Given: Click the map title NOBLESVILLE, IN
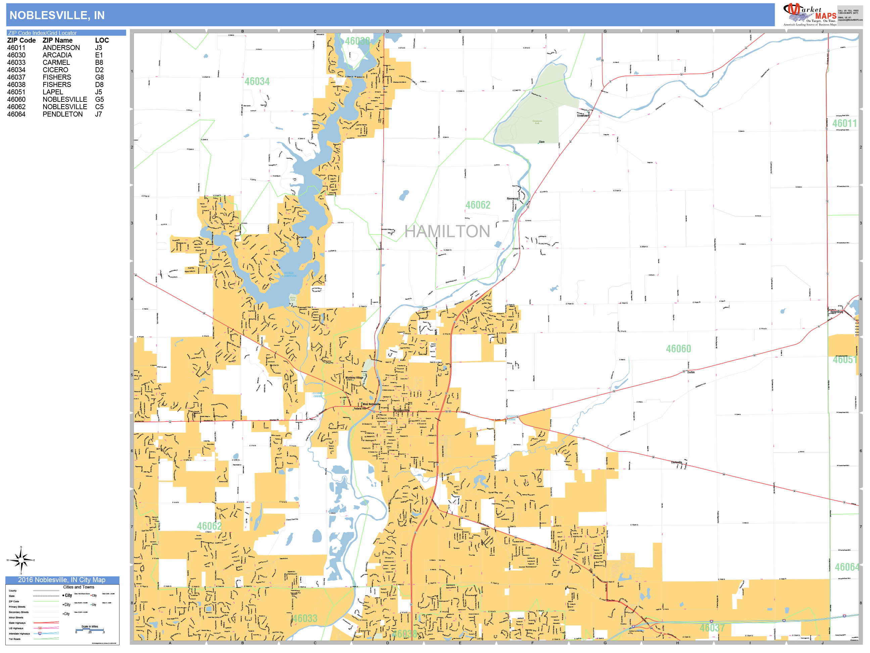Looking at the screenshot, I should (x=57, y=15).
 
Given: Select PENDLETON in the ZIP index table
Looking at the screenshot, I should (x=62, y=114).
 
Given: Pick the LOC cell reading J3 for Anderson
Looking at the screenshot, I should (x=98, y=48).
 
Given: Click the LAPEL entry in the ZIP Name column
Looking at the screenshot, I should (x=53, y=92).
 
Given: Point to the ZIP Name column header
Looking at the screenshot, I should (x=57, y=40).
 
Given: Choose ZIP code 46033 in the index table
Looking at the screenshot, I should (x=16, y=62).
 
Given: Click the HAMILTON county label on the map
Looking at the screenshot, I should (x=447, y=231).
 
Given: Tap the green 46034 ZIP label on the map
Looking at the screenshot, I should (x=257, y=82).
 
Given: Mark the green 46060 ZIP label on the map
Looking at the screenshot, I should (x=678, y=349).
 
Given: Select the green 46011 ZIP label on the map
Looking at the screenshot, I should (x=844, y=124).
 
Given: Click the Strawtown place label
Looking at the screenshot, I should (x=583, y=116).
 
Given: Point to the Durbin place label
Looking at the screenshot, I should (x=691, y=372).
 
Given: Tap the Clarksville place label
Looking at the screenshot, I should (x=676, y=462).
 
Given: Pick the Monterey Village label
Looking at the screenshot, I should (x=354, y=378).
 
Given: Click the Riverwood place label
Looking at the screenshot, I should (x=513, y=199).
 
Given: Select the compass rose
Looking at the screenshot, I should (x=21, y=560).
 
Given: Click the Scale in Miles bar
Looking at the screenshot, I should (x=90, y=629).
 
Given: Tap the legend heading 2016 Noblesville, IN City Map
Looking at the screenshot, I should (x=62, y=580).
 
